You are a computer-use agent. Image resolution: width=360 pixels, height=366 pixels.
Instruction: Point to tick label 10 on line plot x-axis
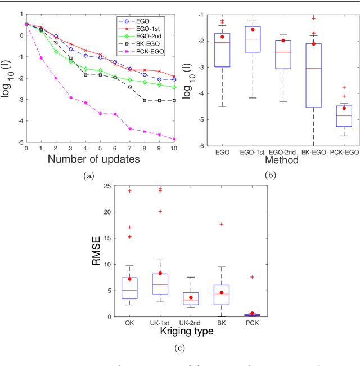(174, 149)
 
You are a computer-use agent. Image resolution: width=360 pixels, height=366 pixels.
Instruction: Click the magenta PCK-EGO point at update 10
(174, 139)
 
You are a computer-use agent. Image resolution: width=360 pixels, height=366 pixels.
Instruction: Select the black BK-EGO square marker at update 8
(145, 100)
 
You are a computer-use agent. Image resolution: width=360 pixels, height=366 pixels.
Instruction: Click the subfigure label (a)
(88, 177)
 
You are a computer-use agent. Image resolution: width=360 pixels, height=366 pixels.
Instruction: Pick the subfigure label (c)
(179, 348)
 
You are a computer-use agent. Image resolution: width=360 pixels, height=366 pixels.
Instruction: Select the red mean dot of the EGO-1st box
(253, 29)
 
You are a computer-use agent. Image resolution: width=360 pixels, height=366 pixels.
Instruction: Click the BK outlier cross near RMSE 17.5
(222, 224)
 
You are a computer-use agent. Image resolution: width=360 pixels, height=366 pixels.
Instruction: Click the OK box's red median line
(129, 291)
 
